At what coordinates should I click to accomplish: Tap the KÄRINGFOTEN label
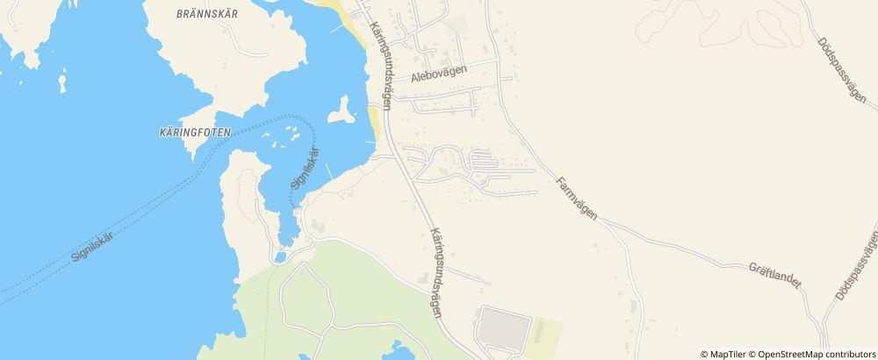coord(196,133)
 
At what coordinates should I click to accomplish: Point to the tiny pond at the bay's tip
coord(280,257)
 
